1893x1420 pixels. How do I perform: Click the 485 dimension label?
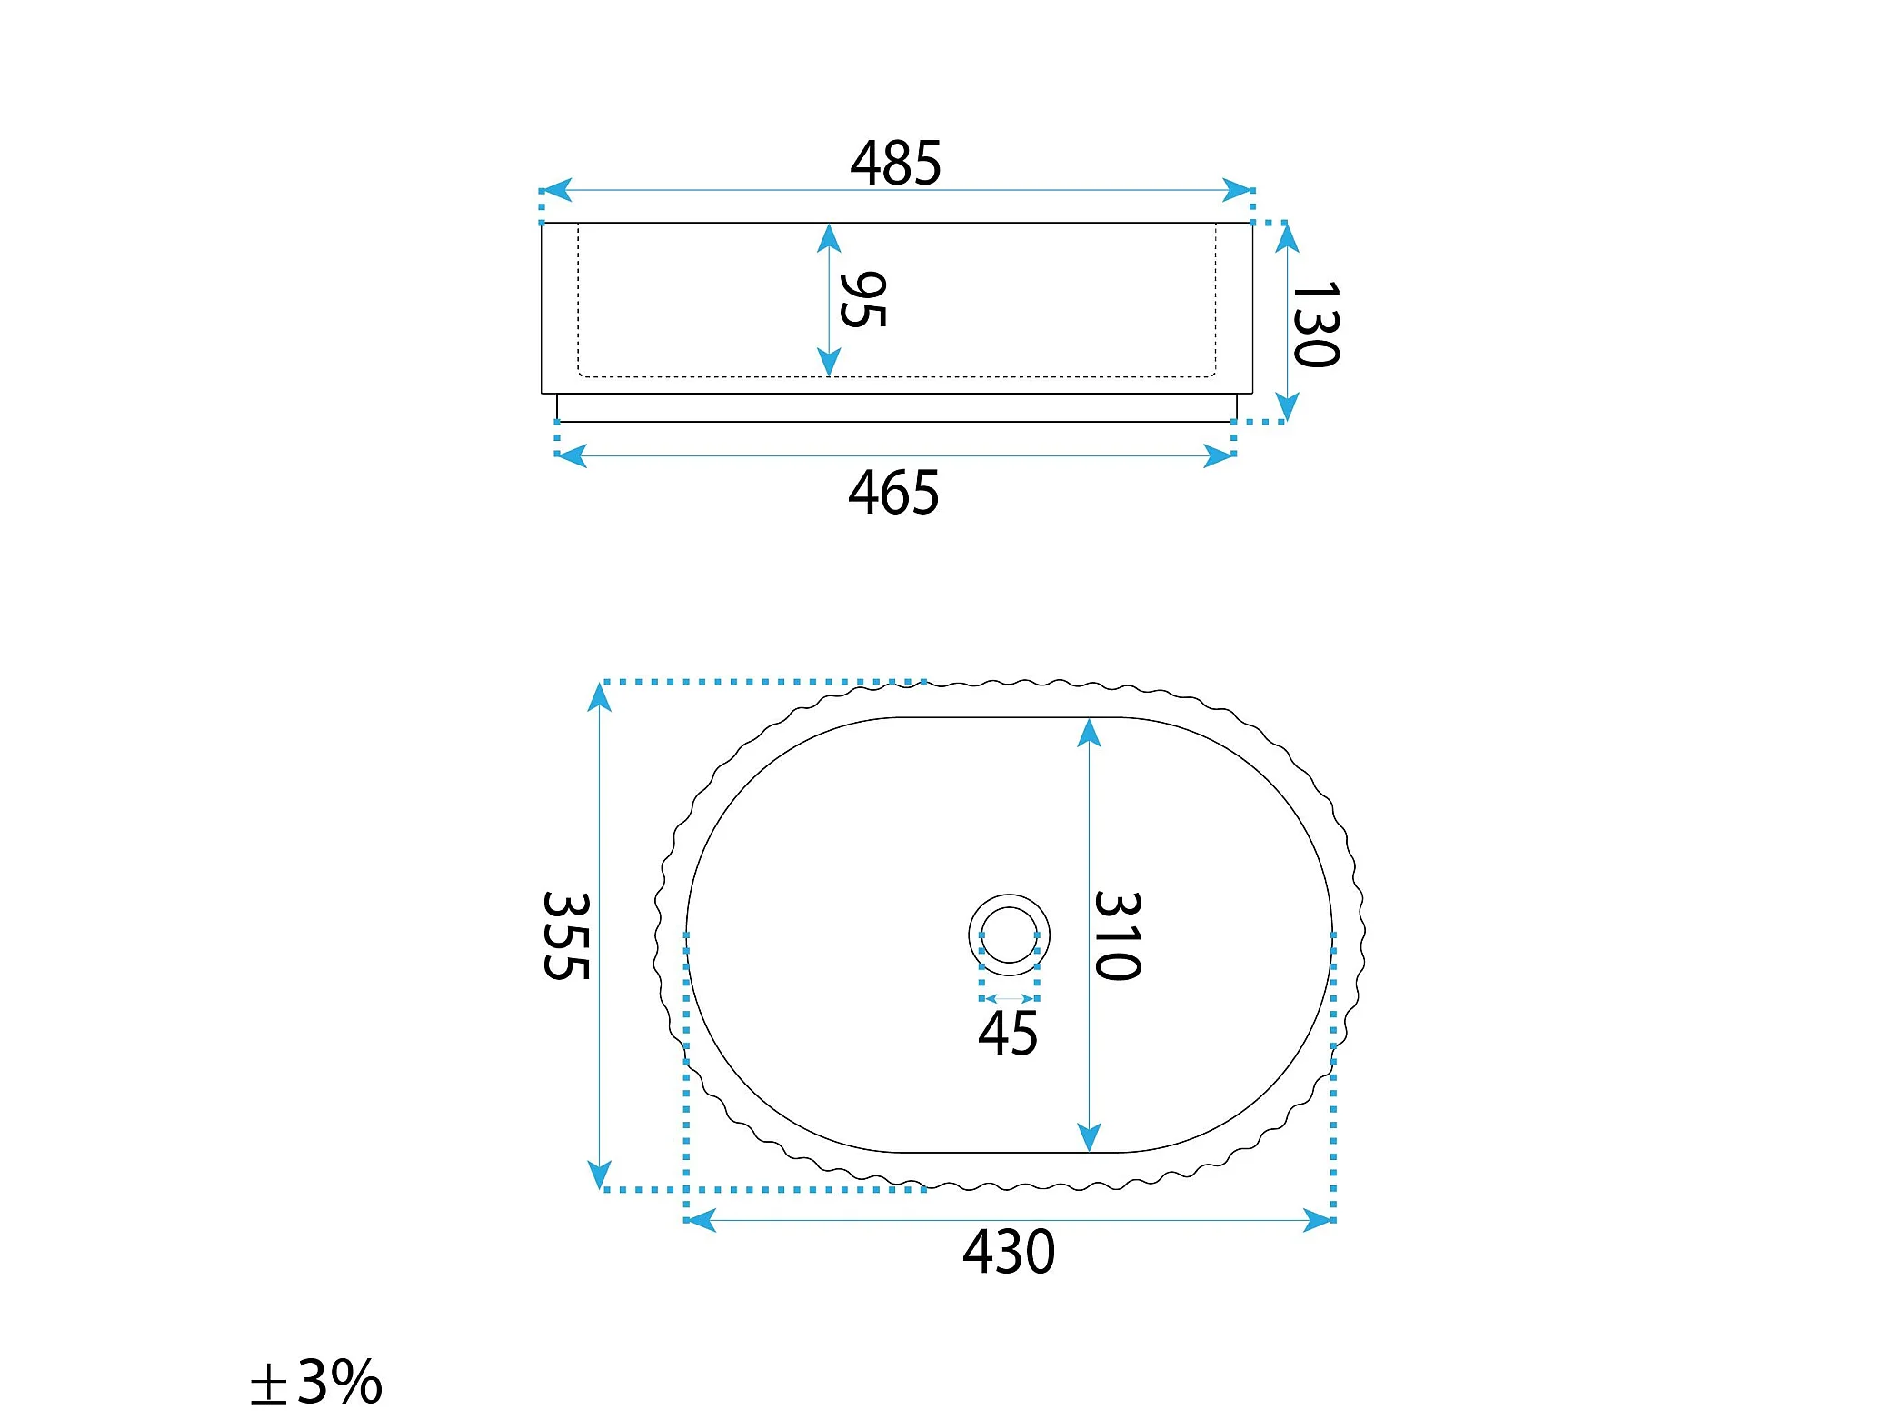pos(895,164)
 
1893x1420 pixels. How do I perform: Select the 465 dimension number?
pos(893,493)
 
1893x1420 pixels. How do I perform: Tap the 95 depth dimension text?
pos(862,299)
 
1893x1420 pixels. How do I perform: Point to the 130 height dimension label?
pos(1315,324)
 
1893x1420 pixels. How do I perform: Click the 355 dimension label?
pos(566,935)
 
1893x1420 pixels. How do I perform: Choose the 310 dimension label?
pos(1117,935)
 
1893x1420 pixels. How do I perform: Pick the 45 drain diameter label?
pos(1008,1034)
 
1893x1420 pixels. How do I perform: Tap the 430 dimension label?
pos(1009,1252)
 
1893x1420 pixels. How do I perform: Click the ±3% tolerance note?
pos(316,1382)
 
